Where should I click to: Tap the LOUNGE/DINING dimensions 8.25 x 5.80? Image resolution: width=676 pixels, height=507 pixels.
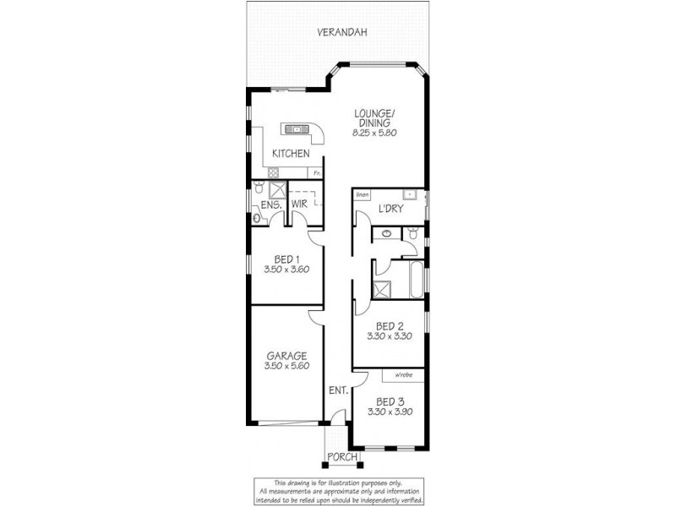point(374,134)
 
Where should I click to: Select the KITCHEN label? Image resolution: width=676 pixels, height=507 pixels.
point(290,154)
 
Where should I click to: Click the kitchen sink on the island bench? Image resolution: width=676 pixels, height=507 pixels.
point(297,129)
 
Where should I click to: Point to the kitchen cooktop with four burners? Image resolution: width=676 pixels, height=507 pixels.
point(276,172)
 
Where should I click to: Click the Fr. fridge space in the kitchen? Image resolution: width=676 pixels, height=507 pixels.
point(316,173)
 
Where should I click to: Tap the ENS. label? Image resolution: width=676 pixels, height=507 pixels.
point(270,204)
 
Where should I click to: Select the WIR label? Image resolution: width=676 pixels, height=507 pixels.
point(299,204)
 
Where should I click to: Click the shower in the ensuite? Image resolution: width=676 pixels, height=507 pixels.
point(275,188)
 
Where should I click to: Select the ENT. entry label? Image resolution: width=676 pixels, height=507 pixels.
point(337,391)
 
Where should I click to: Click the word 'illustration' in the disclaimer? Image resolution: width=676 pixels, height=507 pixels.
point(349,482)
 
